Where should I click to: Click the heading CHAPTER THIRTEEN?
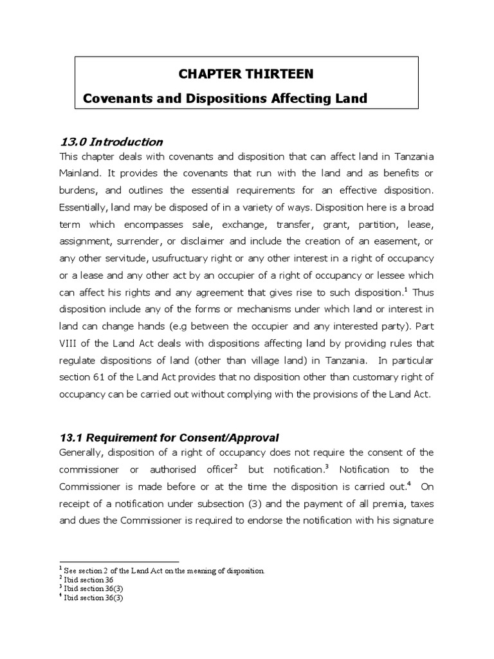(246, 74)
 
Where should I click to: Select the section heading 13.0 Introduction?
(111, 142)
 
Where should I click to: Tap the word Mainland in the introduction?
(82, 174)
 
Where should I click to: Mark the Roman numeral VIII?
(69, 342)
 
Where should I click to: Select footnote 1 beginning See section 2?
(163, 571)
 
